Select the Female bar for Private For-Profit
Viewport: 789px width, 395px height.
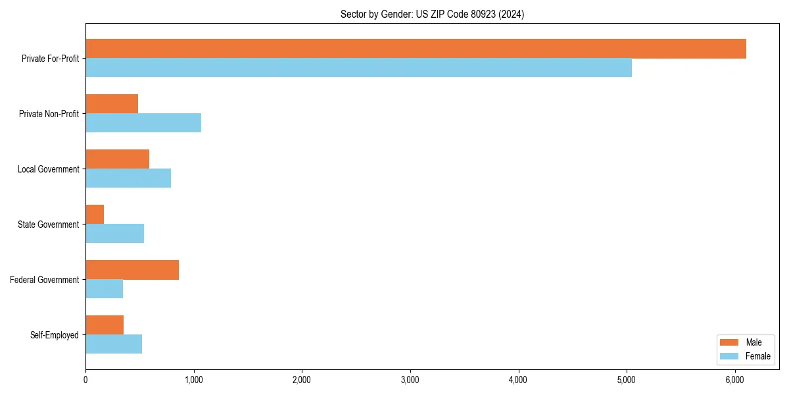(x=358, y=68)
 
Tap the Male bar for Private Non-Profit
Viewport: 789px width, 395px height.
(x=112, y=104)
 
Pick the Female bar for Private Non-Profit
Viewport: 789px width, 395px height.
(x=143, y=123)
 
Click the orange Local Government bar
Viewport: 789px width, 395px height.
(x=117, y=159)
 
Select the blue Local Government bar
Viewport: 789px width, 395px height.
(x=128, y=178)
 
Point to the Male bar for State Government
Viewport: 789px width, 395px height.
(x=95, y=215)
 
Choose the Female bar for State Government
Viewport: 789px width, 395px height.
(x=114, y=234)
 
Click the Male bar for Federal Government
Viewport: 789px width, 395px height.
(x=132, y=270)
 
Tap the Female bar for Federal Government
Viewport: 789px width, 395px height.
(x=104, y=289)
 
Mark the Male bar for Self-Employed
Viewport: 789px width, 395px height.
(x=105, y=325)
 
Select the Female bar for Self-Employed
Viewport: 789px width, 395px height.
(x=114, y=344)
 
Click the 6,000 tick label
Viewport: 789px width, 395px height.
(x=734, y=380)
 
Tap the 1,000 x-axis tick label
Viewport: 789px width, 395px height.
(x=193, y=380)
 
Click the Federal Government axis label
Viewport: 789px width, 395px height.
(x=45, y=280)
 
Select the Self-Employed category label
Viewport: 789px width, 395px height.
(x=55, y=335)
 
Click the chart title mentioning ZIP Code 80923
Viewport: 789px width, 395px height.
(x=432, y=14)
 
